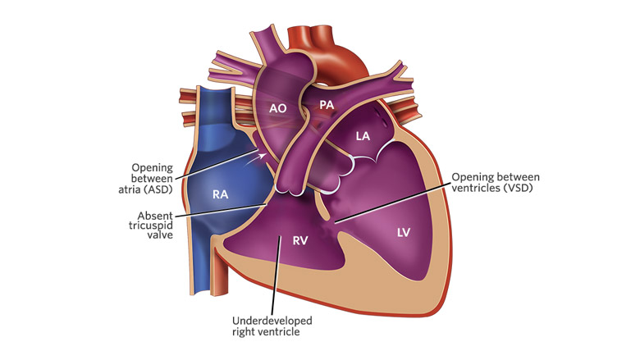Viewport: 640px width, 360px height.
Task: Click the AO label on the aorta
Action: pyautogui.click(x=277, y=108)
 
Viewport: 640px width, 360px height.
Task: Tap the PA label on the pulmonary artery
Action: pyautogui.click(x=327, y=105)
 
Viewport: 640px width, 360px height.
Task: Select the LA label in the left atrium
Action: pyautogui.click(x=363, y=136)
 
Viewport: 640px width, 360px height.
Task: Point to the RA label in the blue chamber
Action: pyautogui.click(x=221, y=194)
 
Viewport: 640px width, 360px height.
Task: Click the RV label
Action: pyautogui.click(x=300, y=241)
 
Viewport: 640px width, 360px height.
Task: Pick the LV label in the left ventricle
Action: pyautogui.click(x=403, y=233)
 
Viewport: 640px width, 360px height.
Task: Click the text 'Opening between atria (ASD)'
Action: pyautogui.click(x=146, y=179)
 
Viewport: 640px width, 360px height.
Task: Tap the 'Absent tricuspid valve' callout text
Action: pyautogui.click(x=151, y=225)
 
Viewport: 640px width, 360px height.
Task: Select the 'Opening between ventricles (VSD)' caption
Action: pyautogui.click(x=496, y=183)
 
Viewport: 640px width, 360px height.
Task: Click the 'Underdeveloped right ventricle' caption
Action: pyautogui.click(x=272, y=326)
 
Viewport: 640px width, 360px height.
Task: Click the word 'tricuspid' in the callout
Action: pyautogui.click(x=151, y=226)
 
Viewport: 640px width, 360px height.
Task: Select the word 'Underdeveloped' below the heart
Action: pyautogui.click(x=272, y=321)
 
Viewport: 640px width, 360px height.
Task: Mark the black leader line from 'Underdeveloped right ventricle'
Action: pyautogui.click(x=276, y=276)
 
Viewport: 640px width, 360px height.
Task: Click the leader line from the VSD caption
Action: pyautogui.click(x=391, y=203)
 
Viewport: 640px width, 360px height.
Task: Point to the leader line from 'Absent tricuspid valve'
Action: pyautogui.click(x=221, y=210)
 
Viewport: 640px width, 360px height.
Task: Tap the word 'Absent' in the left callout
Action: pyautogui.click(x=155, y=216)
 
